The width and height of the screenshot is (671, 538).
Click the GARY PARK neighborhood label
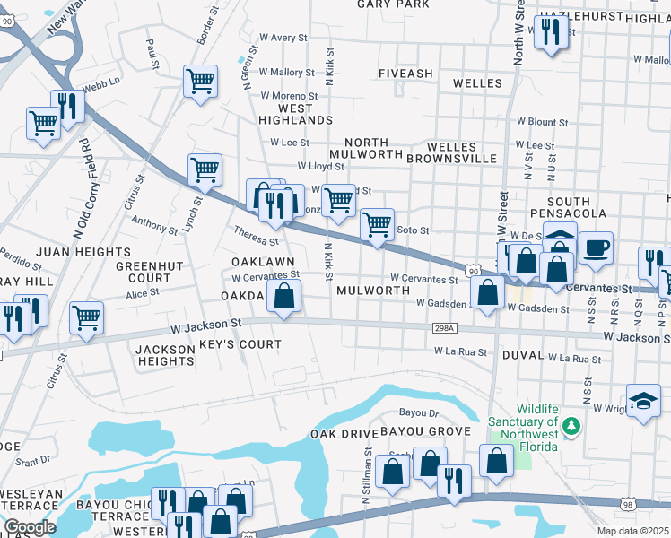coord(394,4)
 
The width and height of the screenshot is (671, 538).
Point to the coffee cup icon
coord(594,247)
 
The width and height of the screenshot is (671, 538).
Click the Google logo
coord(30,527)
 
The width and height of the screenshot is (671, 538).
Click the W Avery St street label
coord(283,38)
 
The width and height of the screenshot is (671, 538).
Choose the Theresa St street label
coord(257,239)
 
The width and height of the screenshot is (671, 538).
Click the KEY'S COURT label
coord(240,344)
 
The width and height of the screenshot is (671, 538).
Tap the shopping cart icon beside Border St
coord(200,81)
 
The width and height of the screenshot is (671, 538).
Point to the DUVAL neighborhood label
coord(523,355)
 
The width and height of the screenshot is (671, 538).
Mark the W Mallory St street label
coord(286,72)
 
